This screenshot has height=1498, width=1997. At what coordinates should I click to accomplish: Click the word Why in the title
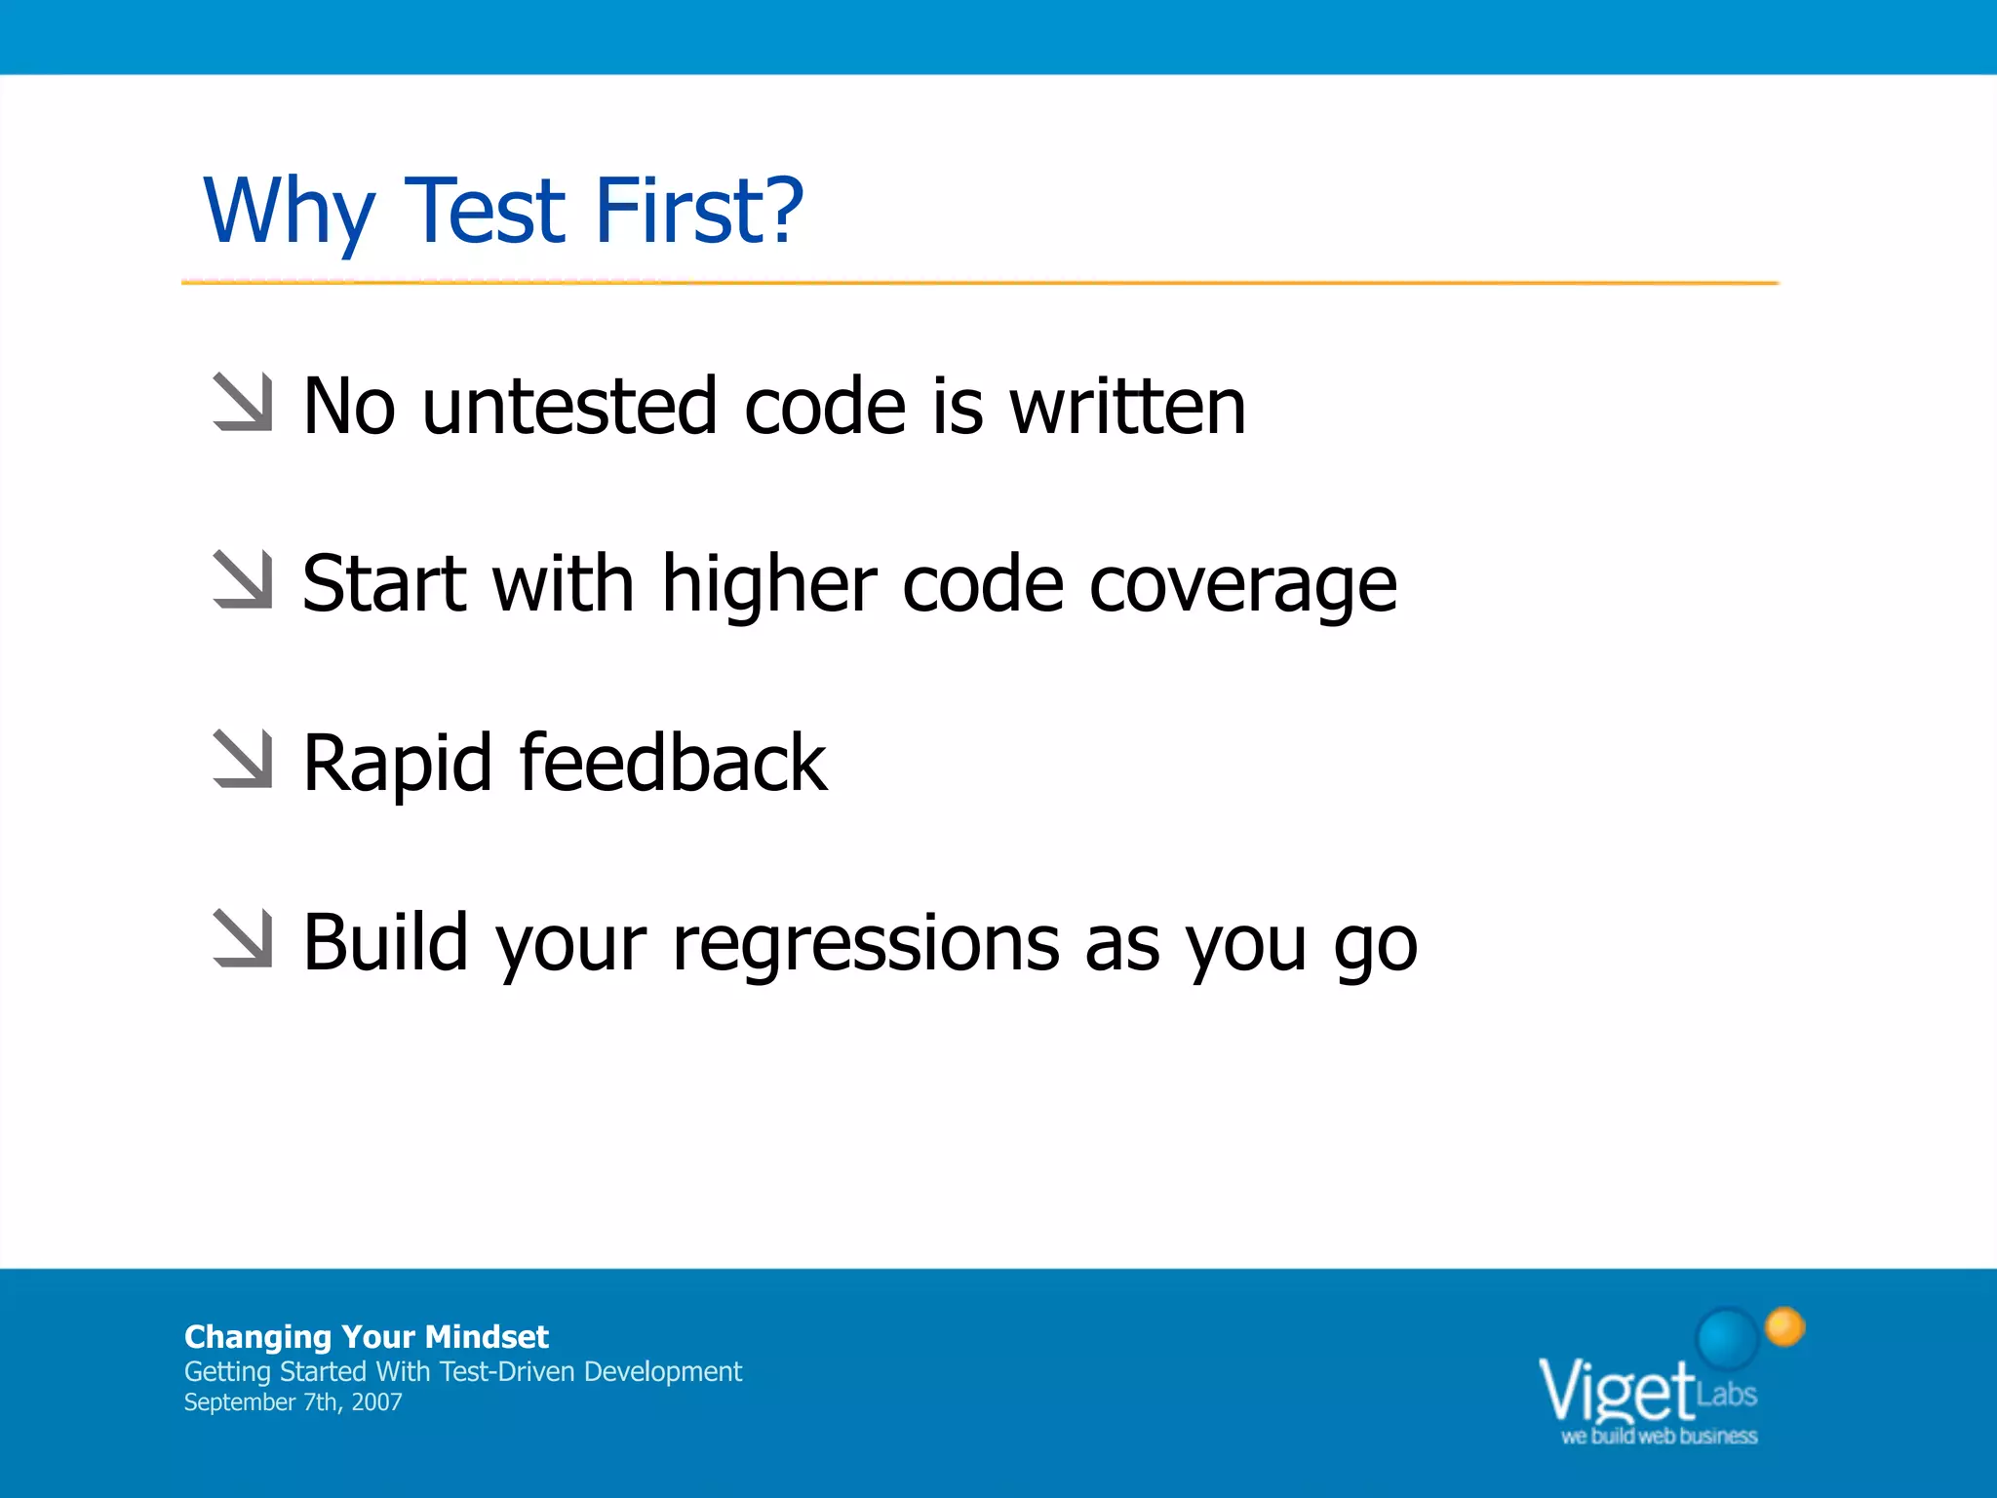[289, 213]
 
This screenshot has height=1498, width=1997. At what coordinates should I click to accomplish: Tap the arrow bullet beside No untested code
[243, 402]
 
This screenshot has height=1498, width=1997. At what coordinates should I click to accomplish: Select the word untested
[569, 407]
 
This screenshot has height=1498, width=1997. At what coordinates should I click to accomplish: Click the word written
[1127, 407]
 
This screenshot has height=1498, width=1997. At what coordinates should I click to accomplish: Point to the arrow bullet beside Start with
[243, 580]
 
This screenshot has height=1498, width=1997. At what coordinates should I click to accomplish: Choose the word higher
[769, 585]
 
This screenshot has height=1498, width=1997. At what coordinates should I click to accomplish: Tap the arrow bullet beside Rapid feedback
[243, 759]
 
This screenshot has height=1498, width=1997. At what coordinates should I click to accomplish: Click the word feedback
[673, 763]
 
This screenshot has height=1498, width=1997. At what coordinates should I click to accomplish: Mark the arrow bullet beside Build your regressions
[243, 938]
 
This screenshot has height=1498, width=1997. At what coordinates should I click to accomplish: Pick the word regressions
[866, 945]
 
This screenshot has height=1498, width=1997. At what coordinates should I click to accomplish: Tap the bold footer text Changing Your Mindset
[366, 1336]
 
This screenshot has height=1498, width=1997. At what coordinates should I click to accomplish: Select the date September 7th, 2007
[293, 1402]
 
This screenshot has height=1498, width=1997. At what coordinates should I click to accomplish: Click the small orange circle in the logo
[1784, 1326]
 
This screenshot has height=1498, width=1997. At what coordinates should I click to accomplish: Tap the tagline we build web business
[1659, 1437]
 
